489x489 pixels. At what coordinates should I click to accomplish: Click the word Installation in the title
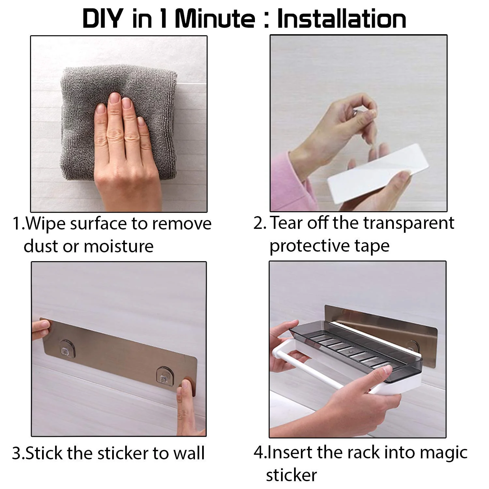click(342, 19)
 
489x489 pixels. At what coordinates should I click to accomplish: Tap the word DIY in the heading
click(102, 19)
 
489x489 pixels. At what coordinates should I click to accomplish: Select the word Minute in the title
click(215, 19)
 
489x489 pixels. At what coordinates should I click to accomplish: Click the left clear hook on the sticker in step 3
click(67, 348)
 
